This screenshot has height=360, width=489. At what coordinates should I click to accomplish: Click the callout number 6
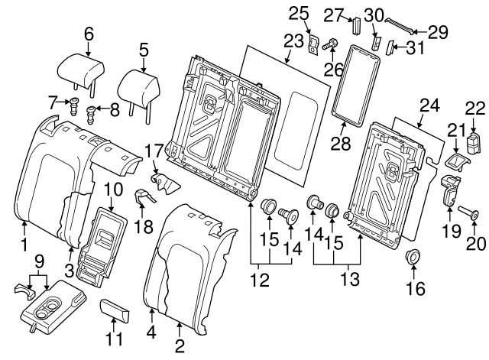pyautogui.click(x=89, y=34)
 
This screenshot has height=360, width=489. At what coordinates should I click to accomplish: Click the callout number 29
pyautogui.click(x=438, y=32)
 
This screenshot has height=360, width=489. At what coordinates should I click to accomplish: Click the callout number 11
pyautogui.click(x=112, y=339)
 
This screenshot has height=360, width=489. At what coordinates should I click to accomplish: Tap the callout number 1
pyautogui.click(x=24, y=245)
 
